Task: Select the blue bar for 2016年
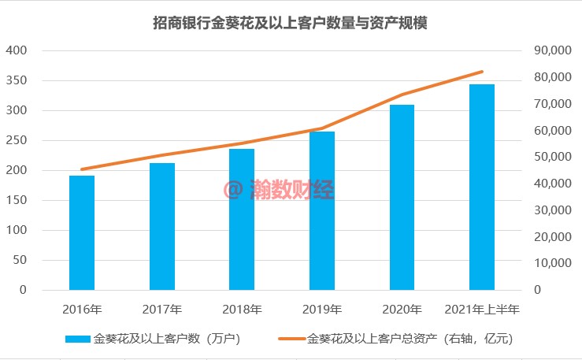pyautogui.click(x=82, y=232)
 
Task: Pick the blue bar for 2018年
pyautogui.click(x=242, y=219)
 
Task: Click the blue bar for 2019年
pyautogui.click(x=321, y=210)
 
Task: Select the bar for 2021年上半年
pyautogui.click(x=481, y=187)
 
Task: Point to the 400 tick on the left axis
pyautogui.click(x=17, y=50)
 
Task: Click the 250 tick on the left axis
pyautogui.click(x=17, y=140)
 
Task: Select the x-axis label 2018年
pyautogui.click(x=242, y=308)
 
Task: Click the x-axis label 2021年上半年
pyautogui.click(x=481, y=308)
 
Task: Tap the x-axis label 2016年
pyautogui.click(x=82, y=308)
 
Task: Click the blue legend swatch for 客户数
pyautogui.click(x=78, y=340)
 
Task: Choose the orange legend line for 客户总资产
pyautogui.click(x=291, y=340)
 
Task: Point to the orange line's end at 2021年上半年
pyautogui.click(x=481, y=72)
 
